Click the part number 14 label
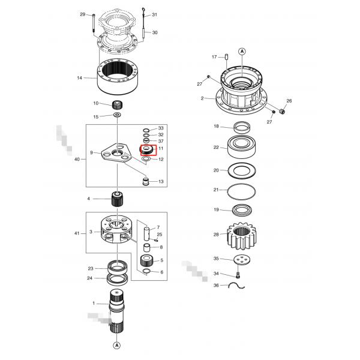(x=79, y=78)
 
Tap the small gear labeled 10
(x=117, y=105)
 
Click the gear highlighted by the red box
(x=147, y=150)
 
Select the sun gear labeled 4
(x=118, y=199)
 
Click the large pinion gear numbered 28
(x=242, y=236)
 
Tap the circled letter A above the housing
(x=242, y=52)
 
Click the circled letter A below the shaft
(x=117, y=345)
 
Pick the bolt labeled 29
(x=94, y=23)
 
